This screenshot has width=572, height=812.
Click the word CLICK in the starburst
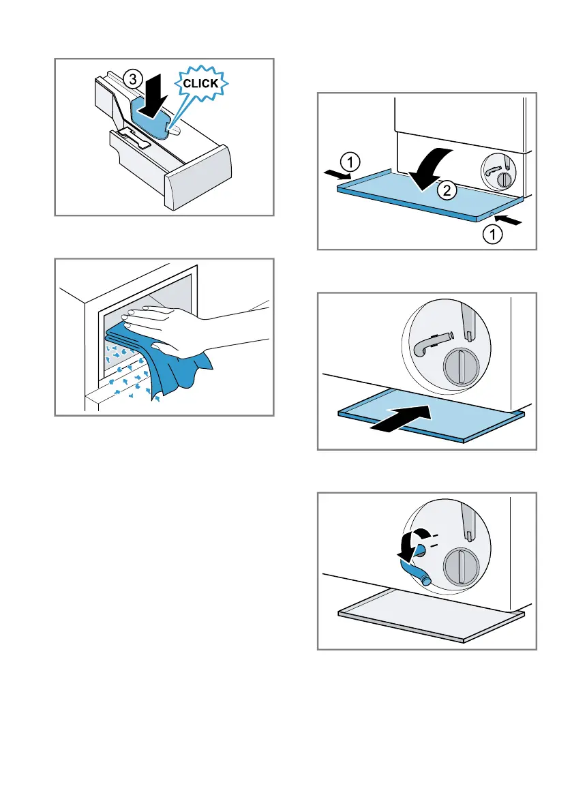pos(200,83)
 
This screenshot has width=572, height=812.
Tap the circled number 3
pos(133,79)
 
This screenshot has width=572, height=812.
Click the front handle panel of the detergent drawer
pos(198,178)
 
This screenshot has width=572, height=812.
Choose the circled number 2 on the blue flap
pos(447,190)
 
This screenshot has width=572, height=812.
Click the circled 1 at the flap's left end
pos(350,163)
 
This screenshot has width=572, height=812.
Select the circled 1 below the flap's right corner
pos(492,235)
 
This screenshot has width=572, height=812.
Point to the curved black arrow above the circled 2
pos(429,168)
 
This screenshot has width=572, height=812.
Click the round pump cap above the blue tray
pos(462,367)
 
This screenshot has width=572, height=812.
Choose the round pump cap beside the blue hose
pos(462,567)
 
